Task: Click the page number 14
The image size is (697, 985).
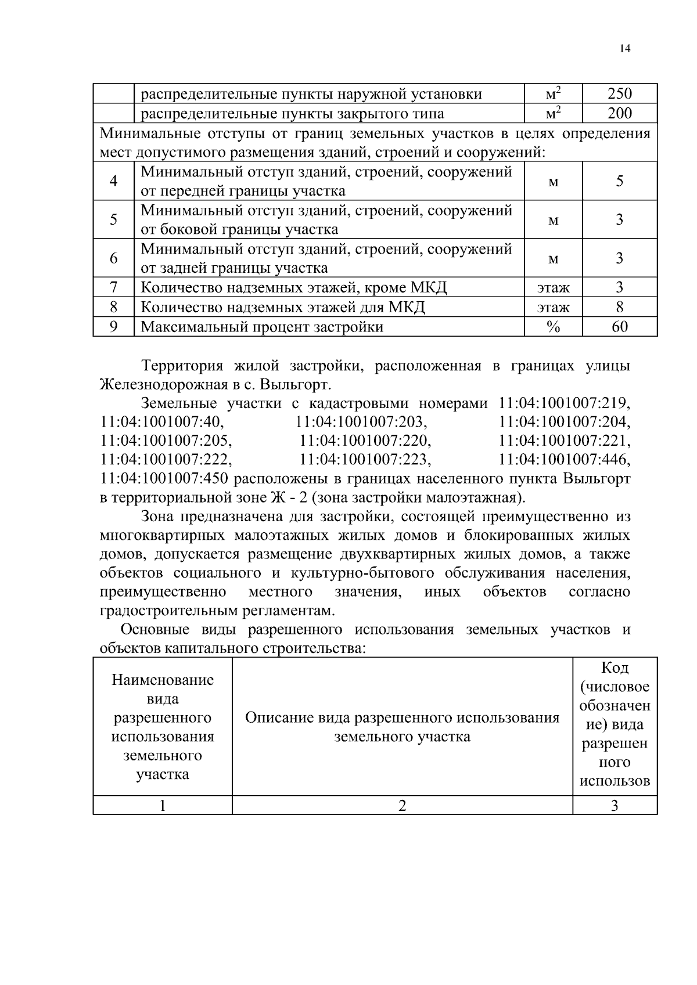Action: point(624,49)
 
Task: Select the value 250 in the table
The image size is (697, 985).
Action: point(619,93)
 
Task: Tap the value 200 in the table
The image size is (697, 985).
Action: point(619,113)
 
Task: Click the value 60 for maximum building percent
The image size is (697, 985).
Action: point(619,327)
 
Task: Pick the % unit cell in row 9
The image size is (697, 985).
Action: point(553,327)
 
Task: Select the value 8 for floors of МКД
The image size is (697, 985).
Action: point(619,307)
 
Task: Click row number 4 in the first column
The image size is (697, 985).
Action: point(113,181)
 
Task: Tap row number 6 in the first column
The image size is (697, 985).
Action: point(113,258)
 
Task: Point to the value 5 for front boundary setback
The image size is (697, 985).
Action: point(619,181)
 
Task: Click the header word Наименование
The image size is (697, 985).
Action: point(163,680)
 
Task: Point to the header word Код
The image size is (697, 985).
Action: point(615,668)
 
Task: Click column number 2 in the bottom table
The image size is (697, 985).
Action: point(402,806)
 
